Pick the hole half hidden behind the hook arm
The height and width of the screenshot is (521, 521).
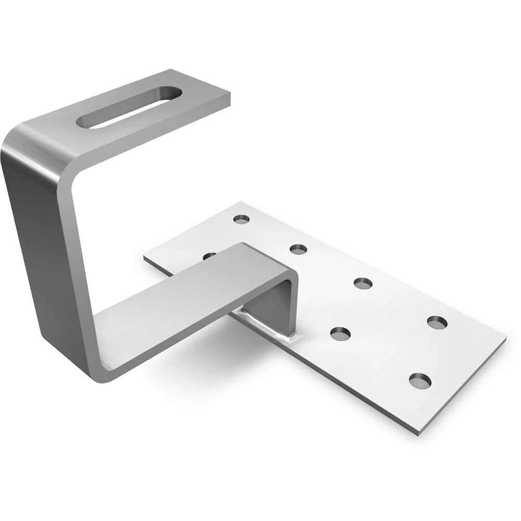209,255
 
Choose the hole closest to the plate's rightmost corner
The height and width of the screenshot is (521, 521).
438,322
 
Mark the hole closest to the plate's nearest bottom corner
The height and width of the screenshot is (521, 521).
420,381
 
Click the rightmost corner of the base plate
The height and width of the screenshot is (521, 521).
505,339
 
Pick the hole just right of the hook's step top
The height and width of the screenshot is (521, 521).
298,250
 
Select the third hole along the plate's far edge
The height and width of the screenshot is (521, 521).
363,283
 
